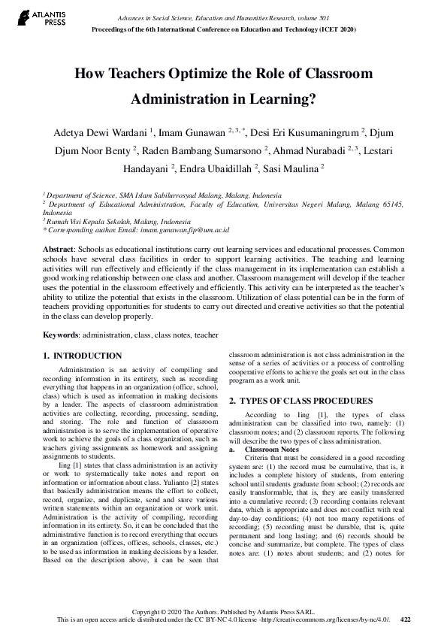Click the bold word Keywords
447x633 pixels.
pos(61,334)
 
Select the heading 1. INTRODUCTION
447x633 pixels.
pos(82,356)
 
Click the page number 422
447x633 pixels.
pos(406,619)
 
